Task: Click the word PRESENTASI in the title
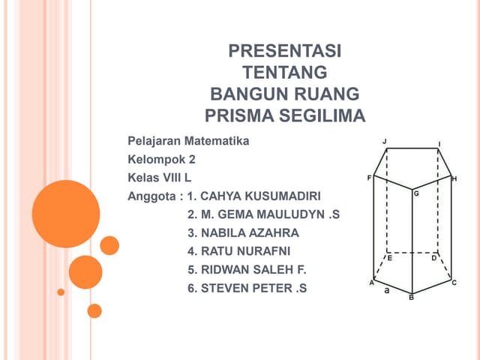(284, 52)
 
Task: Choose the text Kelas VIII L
(160, 178)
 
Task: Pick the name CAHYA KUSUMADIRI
(259, 196)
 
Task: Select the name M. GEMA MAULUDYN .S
(263, 214)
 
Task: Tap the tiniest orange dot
(61, 292)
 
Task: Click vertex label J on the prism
(384, 141)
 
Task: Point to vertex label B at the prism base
(411, 298)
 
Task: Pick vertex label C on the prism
(454, 282)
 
